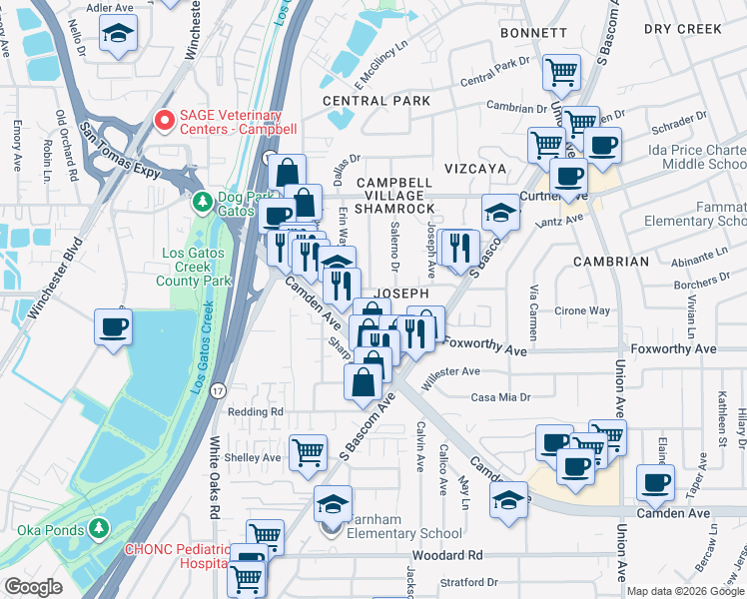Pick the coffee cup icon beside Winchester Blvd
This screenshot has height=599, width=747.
pyautogui.click(x=113, y=324)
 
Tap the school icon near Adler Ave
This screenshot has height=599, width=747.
pyautogui.click(x=119, y=36)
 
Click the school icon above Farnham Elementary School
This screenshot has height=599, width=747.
pyautogui.click(x=333, y=502)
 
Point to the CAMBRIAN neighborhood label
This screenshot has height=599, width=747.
pyautogui.click(x=610, y=262)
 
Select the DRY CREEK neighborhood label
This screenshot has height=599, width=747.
pyautogui.click(x=682, y=29)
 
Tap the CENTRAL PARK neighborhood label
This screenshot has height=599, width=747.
pyautogui.click(x=376, y=101)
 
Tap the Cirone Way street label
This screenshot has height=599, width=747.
pyautogui.click(x=582, y=310)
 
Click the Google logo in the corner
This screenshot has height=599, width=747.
pyautogui.click(x=33, y=587)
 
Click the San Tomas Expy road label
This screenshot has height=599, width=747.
pyautogui.click(x=121, y=152)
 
